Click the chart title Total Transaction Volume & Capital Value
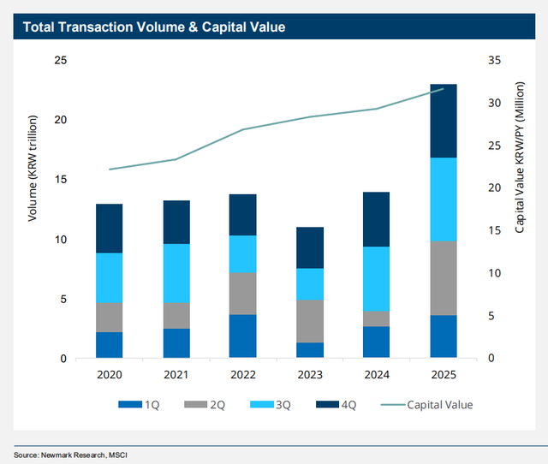[153, 27]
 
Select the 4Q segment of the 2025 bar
[443, 121]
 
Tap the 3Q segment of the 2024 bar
[376, 278]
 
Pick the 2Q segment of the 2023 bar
[309, 321]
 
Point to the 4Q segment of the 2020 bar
[109, 229]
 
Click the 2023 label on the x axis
[309, 375]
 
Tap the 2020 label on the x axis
[109, 375]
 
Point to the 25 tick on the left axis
[61, 61]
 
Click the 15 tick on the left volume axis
[61, 180]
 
